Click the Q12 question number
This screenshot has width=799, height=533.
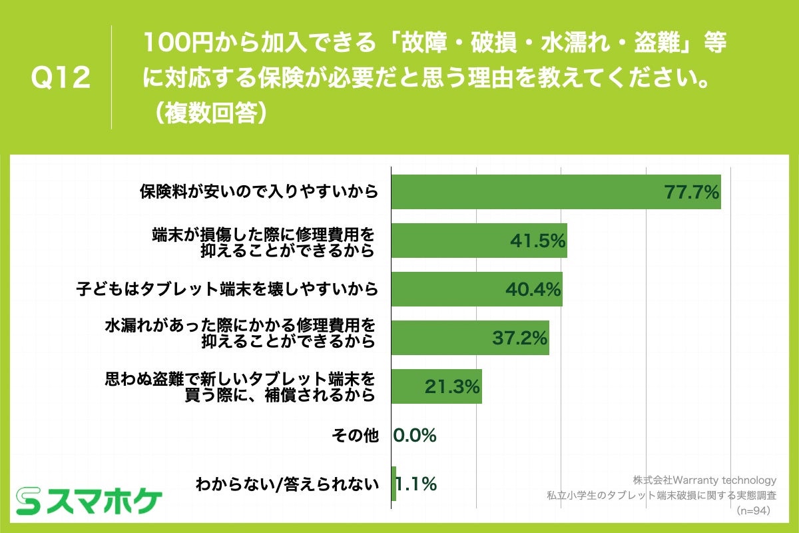(x=61, y=78)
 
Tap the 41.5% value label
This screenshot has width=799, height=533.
(x=537, y=241)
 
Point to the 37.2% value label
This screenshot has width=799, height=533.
(x=519, y=338)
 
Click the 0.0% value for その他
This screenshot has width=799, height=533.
(x=415, y=436)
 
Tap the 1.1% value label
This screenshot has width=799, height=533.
(x=417, y=484)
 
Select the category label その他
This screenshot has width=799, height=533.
(x=355, y=436)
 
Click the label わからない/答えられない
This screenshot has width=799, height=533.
(x=287, y=484)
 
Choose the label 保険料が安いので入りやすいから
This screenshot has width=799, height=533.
(x=259, y=192)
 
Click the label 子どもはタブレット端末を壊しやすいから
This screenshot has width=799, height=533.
(x=227, y=289)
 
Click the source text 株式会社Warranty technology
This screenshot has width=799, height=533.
(x=704, y=480)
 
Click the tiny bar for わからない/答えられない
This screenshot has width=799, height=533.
(x=394, y=484)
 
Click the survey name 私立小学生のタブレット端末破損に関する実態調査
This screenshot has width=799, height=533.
(x=662, y=496)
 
